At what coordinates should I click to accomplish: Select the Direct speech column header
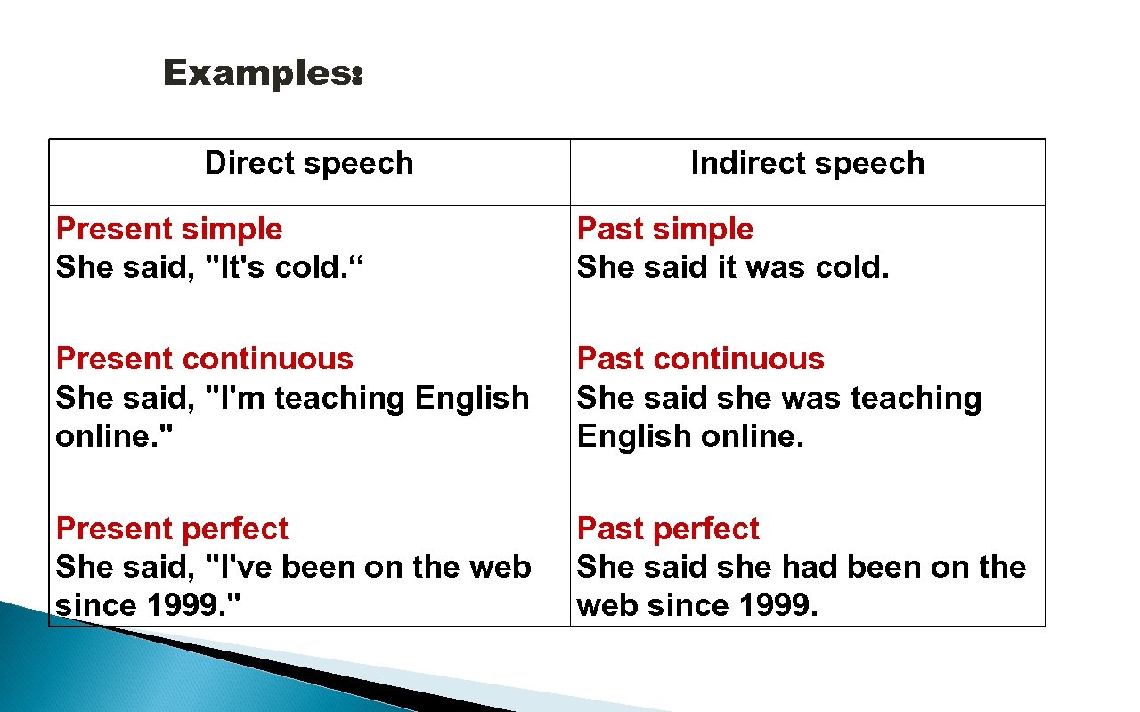click(x=309, y=164)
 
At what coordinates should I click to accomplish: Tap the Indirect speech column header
click(x=808, y=164)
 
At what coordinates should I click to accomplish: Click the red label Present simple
click(x=169, y=230)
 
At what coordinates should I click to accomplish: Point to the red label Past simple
click(x=665, y=230)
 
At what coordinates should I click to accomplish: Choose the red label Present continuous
click(x=205, y=359)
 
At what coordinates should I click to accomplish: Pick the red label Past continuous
click(x=701, y=359)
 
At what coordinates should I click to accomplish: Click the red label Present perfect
click(x=172, y=529)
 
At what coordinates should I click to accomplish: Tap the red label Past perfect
click(x=668, y=529)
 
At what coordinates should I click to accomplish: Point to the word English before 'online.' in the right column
click(x=631, y=436)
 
